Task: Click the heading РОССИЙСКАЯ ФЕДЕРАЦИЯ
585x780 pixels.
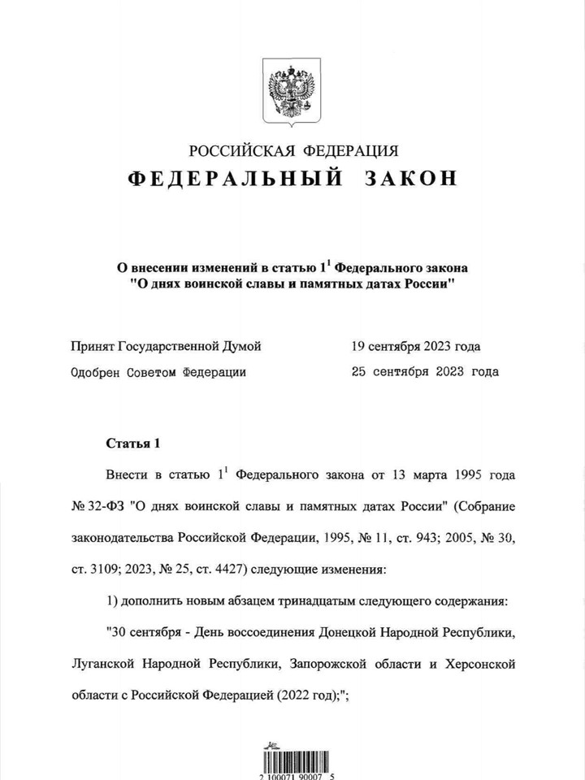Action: (293, 150)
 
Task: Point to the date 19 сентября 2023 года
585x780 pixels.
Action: (415, 346)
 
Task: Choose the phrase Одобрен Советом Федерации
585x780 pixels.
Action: (158, 372)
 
